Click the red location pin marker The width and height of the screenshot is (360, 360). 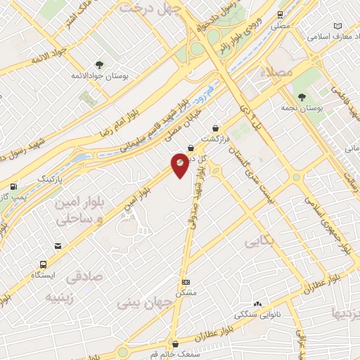pyautogui.click(x=180, y=165)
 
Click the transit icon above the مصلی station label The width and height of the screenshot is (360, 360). pyautogui.click(x=281, y=14)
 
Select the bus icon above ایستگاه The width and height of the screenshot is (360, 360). pyautogui.click(x=44, y=265)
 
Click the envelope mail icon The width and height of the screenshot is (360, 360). pyautogui.click(x=57, y=246)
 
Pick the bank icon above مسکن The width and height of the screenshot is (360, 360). pyautogui.click(x=185, y=282)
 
